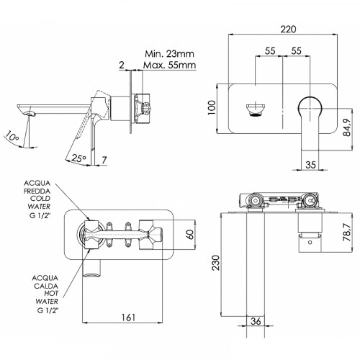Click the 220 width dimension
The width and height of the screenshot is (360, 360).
(x=288, y=30)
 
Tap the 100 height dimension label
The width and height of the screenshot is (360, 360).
(x=212, y=107)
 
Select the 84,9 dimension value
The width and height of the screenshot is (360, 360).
(x=347, y=127)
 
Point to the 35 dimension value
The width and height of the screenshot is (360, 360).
(x=310, y=165)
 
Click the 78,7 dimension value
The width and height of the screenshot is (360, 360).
(x=347, y=233)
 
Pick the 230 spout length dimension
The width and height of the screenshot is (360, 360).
(x=216, y=263)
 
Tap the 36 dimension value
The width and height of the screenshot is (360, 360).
(x=256, y=320)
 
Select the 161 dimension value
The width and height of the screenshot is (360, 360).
(x=128, y=318)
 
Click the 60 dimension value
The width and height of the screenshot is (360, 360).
(x=190, y=234)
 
